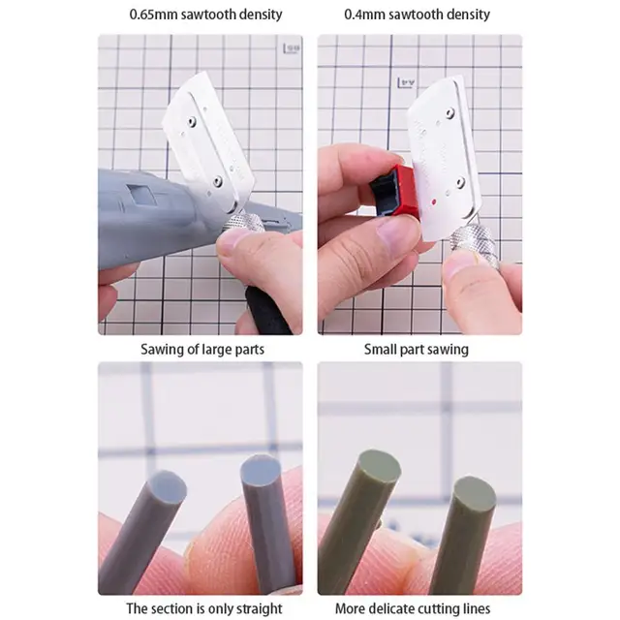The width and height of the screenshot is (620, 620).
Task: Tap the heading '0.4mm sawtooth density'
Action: (418, 15)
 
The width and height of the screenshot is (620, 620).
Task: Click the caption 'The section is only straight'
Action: (204, 608)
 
